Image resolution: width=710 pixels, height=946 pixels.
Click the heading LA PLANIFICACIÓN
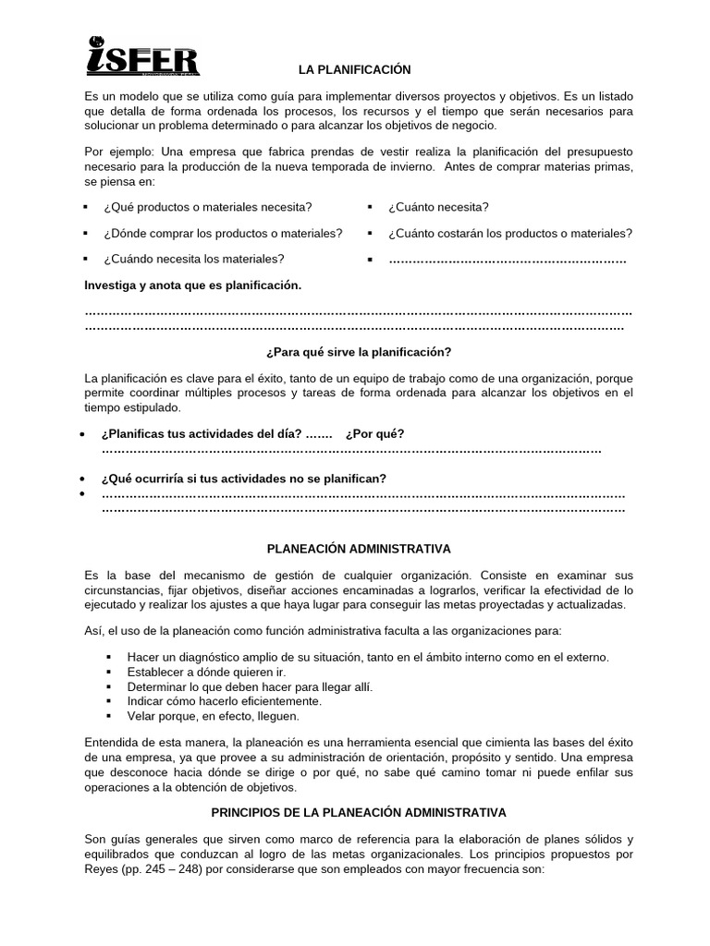354,70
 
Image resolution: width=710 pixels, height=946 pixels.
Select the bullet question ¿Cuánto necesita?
438,207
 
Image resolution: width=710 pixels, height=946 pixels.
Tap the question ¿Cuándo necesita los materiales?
193,259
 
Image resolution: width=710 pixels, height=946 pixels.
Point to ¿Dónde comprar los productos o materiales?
223,233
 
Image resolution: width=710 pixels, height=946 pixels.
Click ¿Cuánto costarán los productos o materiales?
510,233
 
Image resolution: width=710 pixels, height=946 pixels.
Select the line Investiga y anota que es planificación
193,285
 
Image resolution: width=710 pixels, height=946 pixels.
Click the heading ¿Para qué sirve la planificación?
359,352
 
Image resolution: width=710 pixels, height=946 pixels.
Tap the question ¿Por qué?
374,433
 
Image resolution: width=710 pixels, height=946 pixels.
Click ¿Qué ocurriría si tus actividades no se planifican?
244,478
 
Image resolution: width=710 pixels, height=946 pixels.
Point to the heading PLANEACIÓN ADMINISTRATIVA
359,549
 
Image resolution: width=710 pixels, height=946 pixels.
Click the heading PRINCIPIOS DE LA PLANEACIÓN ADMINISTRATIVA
359,813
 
